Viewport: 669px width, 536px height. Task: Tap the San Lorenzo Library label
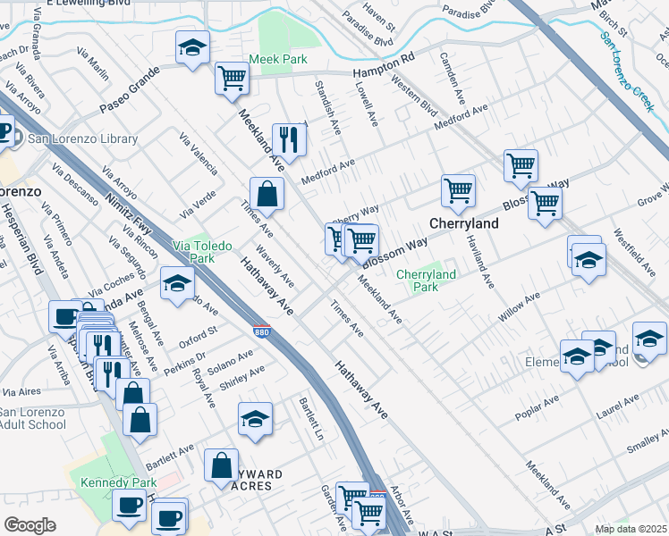click(x=82, y=138)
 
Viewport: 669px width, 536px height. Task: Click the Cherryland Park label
click(x=426, y=281)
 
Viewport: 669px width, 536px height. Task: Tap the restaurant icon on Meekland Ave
click(x=289, y=138)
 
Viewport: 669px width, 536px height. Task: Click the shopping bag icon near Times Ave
click(x=267, y=192)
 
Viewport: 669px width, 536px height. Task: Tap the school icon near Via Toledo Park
click(x=177, y=283)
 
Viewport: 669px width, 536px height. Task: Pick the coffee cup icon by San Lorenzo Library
click(x=4, y=132)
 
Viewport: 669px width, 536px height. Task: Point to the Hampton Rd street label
click(x=385, y=58)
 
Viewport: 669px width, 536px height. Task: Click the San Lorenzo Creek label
click(x=627, y=71)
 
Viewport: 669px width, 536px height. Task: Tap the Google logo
click(x=30, y=524)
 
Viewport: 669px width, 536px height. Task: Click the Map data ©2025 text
click(x=631, y=529)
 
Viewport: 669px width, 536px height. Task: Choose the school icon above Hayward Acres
click(x=255, y=418)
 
